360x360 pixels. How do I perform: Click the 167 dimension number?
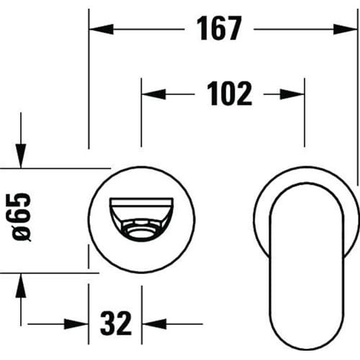click(x=219, y=28)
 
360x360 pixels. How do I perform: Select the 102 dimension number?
click(x=230, y=94)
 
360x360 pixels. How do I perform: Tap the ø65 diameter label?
click(x=21, y=217)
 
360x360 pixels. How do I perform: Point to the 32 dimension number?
click(x=116, y=323)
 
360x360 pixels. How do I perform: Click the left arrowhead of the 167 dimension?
click(x=101, y=30)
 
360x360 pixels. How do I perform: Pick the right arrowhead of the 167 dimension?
click(x=346, y=30)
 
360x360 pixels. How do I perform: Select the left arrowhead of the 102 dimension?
click(x=153, y=94)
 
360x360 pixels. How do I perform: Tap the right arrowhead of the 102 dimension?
click(x=292, y=94)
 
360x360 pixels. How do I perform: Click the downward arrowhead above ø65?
click(x=21, y=156)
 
